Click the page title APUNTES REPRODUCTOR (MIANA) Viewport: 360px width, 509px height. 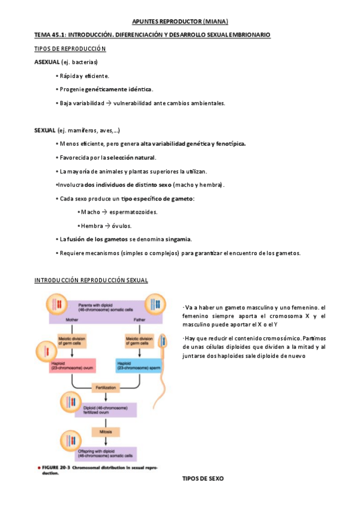click(179, 22)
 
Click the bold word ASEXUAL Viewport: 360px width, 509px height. click(47, 62)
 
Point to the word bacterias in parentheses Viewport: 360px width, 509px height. click(83, 62)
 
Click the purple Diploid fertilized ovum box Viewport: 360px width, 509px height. click(104, 409)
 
